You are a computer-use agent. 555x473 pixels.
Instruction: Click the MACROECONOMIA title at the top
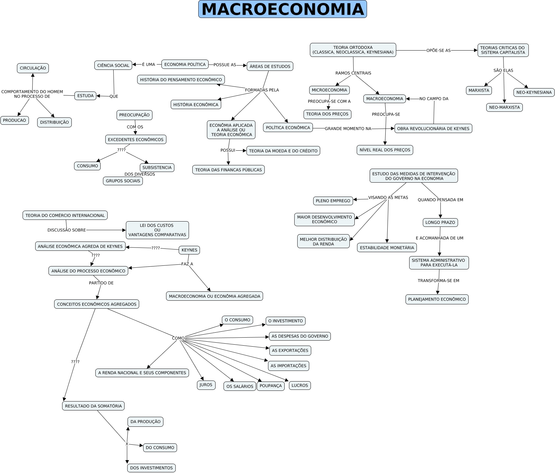[282, 9]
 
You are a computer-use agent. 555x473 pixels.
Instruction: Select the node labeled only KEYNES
[189, 250]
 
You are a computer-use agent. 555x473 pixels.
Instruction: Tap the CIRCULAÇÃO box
[33, 68]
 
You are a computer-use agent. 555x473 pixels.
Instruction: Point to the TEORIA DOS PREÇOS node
[327, 114]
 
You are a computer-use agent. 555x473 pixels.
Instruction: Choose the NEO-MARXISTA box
[504, 107]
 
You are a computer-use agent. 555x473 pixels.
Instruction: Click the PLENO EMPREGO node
[333, 201]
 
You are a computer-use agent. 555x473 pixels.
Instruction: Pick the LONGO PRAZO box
[440, 223]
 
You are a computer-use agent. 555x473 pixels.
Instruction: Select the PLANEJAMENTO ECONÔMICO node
[437, 299]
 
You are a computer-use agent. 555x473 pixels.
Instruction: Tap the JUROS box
[206, 385]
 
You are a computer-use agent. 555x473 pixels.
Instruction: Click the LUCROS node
[300, 386]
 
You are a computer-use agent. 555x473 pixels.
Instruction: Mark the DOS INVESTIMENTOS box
[151, 468]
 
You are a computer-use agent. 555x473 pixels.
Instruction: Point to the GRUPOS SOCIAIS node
[123, 181]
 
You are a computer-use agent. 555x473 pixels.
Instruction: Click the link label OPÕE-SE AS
[438, 51]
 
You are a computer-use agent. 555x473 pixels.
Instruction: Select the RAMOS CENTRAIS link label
[353, 73]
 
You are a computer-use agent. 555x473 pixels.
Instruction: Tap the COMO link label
[178, 338]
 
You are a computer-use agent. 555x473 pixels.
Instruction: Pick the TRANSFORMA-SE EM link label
[438, 281]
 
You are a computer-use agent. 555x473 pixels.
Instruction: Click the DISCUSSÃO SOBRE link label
[66, 230]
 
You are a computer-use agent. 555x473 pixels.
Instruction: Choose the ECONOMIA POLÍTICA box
[185, 65]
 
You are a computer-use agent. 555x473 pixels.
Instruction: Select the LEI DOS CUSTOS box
[157, 230]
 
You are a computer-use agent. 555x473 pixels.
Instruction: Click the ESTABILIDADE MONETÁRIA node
[387, 248]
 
